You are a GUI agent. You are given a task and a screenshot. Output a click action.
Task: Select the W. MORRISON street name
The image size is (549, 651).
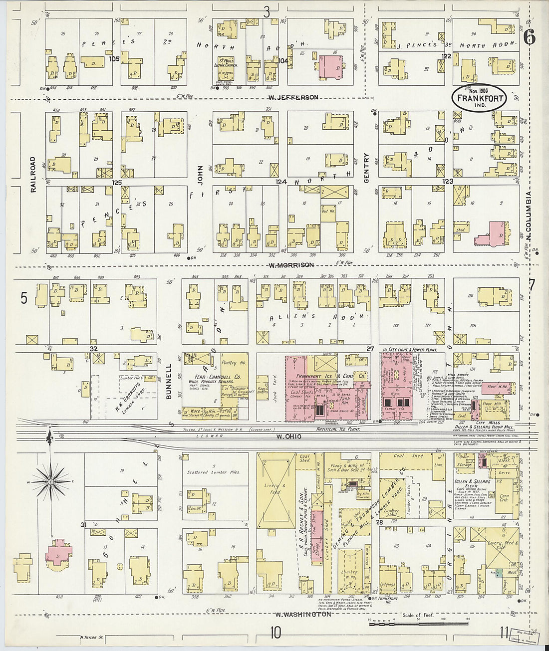(x=291, y=265)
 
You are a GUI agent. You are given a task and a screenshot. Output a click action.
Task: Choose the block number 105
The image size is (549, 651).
(x=114, y=59)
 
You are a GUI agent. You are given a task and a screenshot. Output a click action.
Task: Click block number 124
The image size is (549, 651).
(x=281, y=183)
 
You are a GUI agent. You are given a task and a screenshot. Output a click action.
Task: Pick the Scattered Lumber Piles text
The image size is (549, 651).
(x=213, y=472)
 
